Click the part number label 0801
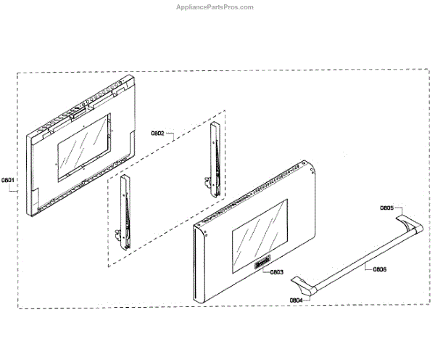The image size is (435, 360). [x=9, y=179]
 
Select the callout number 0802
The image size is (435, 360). [x=158, y=133]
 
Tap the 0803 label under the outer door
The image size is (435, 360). [x=276, y=272]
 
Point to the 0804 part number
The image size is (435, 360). [x=296, y=300]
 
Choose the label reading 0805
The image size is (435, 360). [x=387, y=208]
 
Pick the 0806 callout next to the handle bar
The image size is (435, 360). [x=379, y=269]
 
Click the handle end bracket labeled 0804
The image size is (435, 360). [x=308, y=290]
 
